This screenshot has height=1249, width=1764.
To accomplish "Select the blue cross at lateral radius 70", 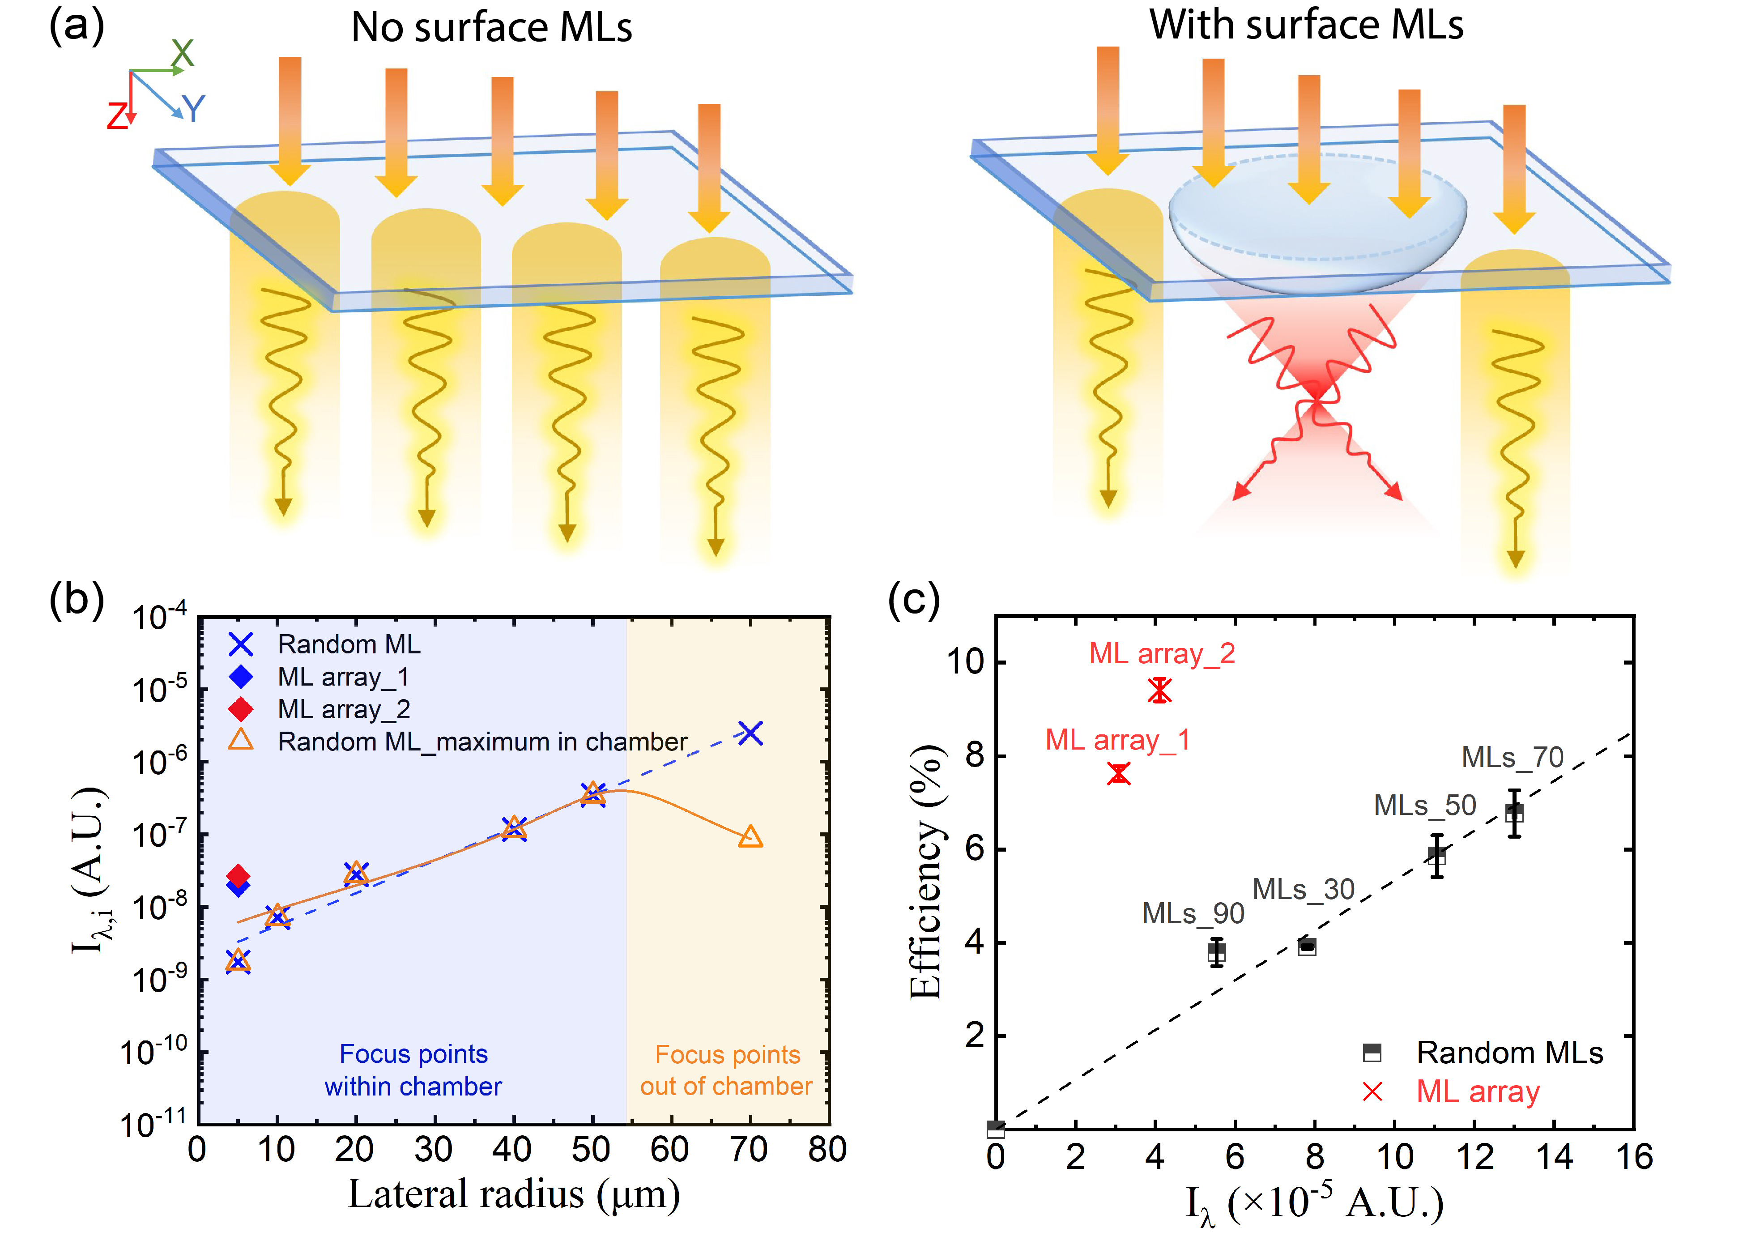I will click(750, 733).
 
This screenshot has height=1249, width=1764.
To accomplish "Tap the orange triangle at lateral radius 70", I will click(750, 837).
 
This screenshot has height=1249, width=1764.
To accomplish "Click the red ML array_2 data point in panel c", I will click(1159, 690).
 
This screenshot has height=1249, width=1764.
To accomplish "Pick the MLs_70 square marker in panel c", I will click(1513, 813).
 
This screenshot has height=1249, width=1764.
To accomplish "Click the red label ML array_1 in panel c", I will click(1117, 740).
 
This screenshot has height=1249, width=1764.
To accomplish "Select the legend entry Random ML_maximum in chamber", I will click(481, 742).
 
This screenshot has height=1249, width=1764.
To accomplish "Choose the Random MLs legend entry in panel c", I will click(1508, 1052).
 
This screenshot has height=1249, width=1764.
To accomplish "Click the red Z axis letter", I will click(117, 117).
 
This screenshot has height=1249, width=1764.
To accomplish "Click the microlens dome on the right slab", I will click(1317, 223).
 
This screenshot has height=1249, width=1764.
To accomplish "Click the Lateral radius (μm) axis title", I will click(514, 1194).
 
